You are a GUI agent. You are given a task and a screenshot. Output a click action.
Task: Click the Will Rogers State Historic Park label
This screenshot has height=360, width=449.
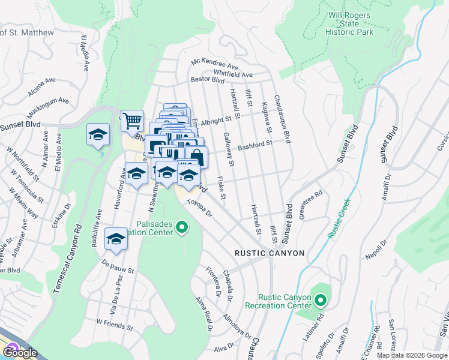(x=349, y=23)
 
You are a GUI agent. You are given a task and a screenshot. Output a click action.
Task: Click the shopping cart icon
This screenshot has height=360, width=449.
(x=131, y=120)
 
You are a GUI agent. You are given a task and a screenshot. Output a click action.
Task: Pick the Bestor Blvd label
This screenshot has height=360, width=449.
(x=207, y=80)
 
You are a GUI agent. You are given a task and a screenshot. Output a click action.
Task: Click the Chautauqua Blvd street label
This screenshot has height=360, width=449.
(x=282, y=118)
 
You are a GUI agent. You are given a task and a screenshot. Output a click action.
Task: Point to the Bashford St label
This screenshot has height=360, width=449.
(x=255, y=145)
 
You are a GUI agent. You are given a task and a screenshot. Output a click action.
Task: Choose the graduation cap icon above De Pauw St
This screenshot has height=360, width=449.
(x=116, y=238)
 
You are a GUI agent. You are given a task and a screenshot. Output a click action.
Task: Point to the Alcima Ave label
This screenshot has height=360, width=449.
(x=41, y=87)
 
